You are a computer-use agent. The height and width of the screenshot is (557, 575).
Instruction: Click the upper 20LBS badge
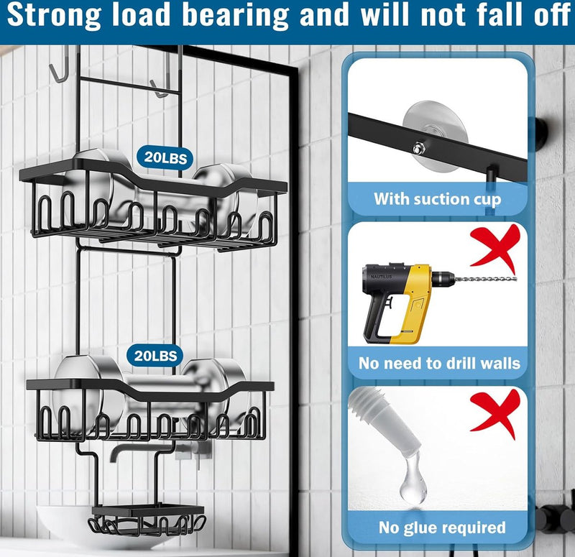(x=165, y=157)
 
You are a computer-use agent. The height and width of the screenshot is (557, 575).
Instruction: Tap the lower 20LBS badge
(x=155, y=356)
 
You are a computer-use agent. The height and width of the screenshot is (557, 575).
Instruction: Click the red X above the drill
(x=497, y=249)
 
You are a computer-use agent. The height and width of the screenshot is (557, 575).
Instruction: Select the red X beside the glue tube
(x=497, y=414)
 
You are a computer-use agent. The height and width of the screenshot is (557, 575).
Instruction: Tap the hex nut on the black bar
(x=418, y=149)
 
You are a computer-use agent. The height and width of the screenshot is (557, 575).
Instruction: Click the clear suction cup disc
(x=435, y=136)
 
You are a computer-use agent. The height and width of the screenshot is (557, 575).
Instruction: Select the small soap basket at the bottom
(x=147, y=520)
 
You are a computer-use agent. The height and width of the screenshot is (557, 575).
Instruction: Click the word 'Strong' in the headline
(x=53, y=15)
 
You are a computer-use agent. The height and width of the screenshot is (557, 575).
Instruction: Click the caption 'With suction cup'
(x=437, y=199)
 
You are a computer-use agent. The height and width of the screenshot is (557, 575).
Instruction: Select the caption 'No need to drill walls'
(x=439, y=363)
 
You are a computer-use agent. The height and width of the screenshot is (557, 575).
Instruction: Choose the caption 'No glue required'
(x=442, y=528)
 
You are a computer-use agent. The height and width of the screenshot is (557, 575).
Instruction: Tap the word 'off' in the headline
(x=551, y=14)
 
